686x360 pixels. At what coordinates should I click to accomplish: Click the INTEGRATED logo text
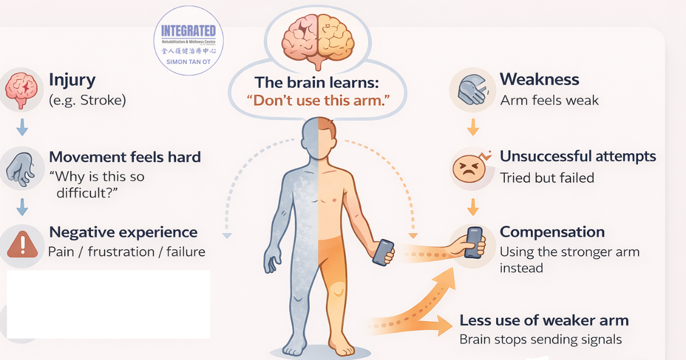coord(188,31)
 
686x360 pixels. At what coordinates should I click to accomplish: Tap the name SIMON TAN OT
coord(188,62)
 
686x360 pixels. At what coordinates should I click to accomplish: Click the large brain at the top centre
coord(318,41)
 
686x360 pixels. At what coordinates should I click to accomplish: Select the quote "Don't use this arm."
coord(318,101)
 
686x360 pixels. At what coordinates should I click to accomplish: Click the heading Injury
coord(72,80)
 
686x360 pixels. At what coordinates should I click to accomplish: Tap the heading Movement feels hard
coord(125,157)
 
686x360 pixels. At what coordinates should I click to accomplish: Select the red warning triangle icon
coord(22,245)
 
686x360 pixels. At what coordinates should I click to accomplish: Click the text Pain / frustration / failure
coord(127,252)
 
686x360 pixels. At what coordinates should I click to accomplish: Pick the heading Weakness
coord(539,79)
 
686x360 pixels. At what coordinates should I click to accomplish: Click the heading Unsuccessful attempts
coord(578,157)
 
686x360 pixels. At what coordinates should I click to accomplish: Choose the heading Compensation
coord(552,232)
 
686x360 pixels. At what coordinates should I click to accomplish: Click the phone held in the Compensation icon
coord(473,242)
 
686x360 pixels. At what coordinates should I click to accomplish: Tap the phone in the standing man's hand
coord(383,253)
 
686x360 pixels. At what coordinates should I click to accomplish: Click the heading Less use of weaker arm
coord(544,321)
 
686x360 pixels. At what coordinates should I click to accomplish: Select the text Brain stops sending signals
coord(541,339)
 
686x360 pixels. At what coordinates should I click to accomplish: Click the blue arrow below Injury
coord(22,127)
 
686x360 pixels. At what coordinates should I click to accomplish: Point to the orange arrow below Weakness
coord(473,127)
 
